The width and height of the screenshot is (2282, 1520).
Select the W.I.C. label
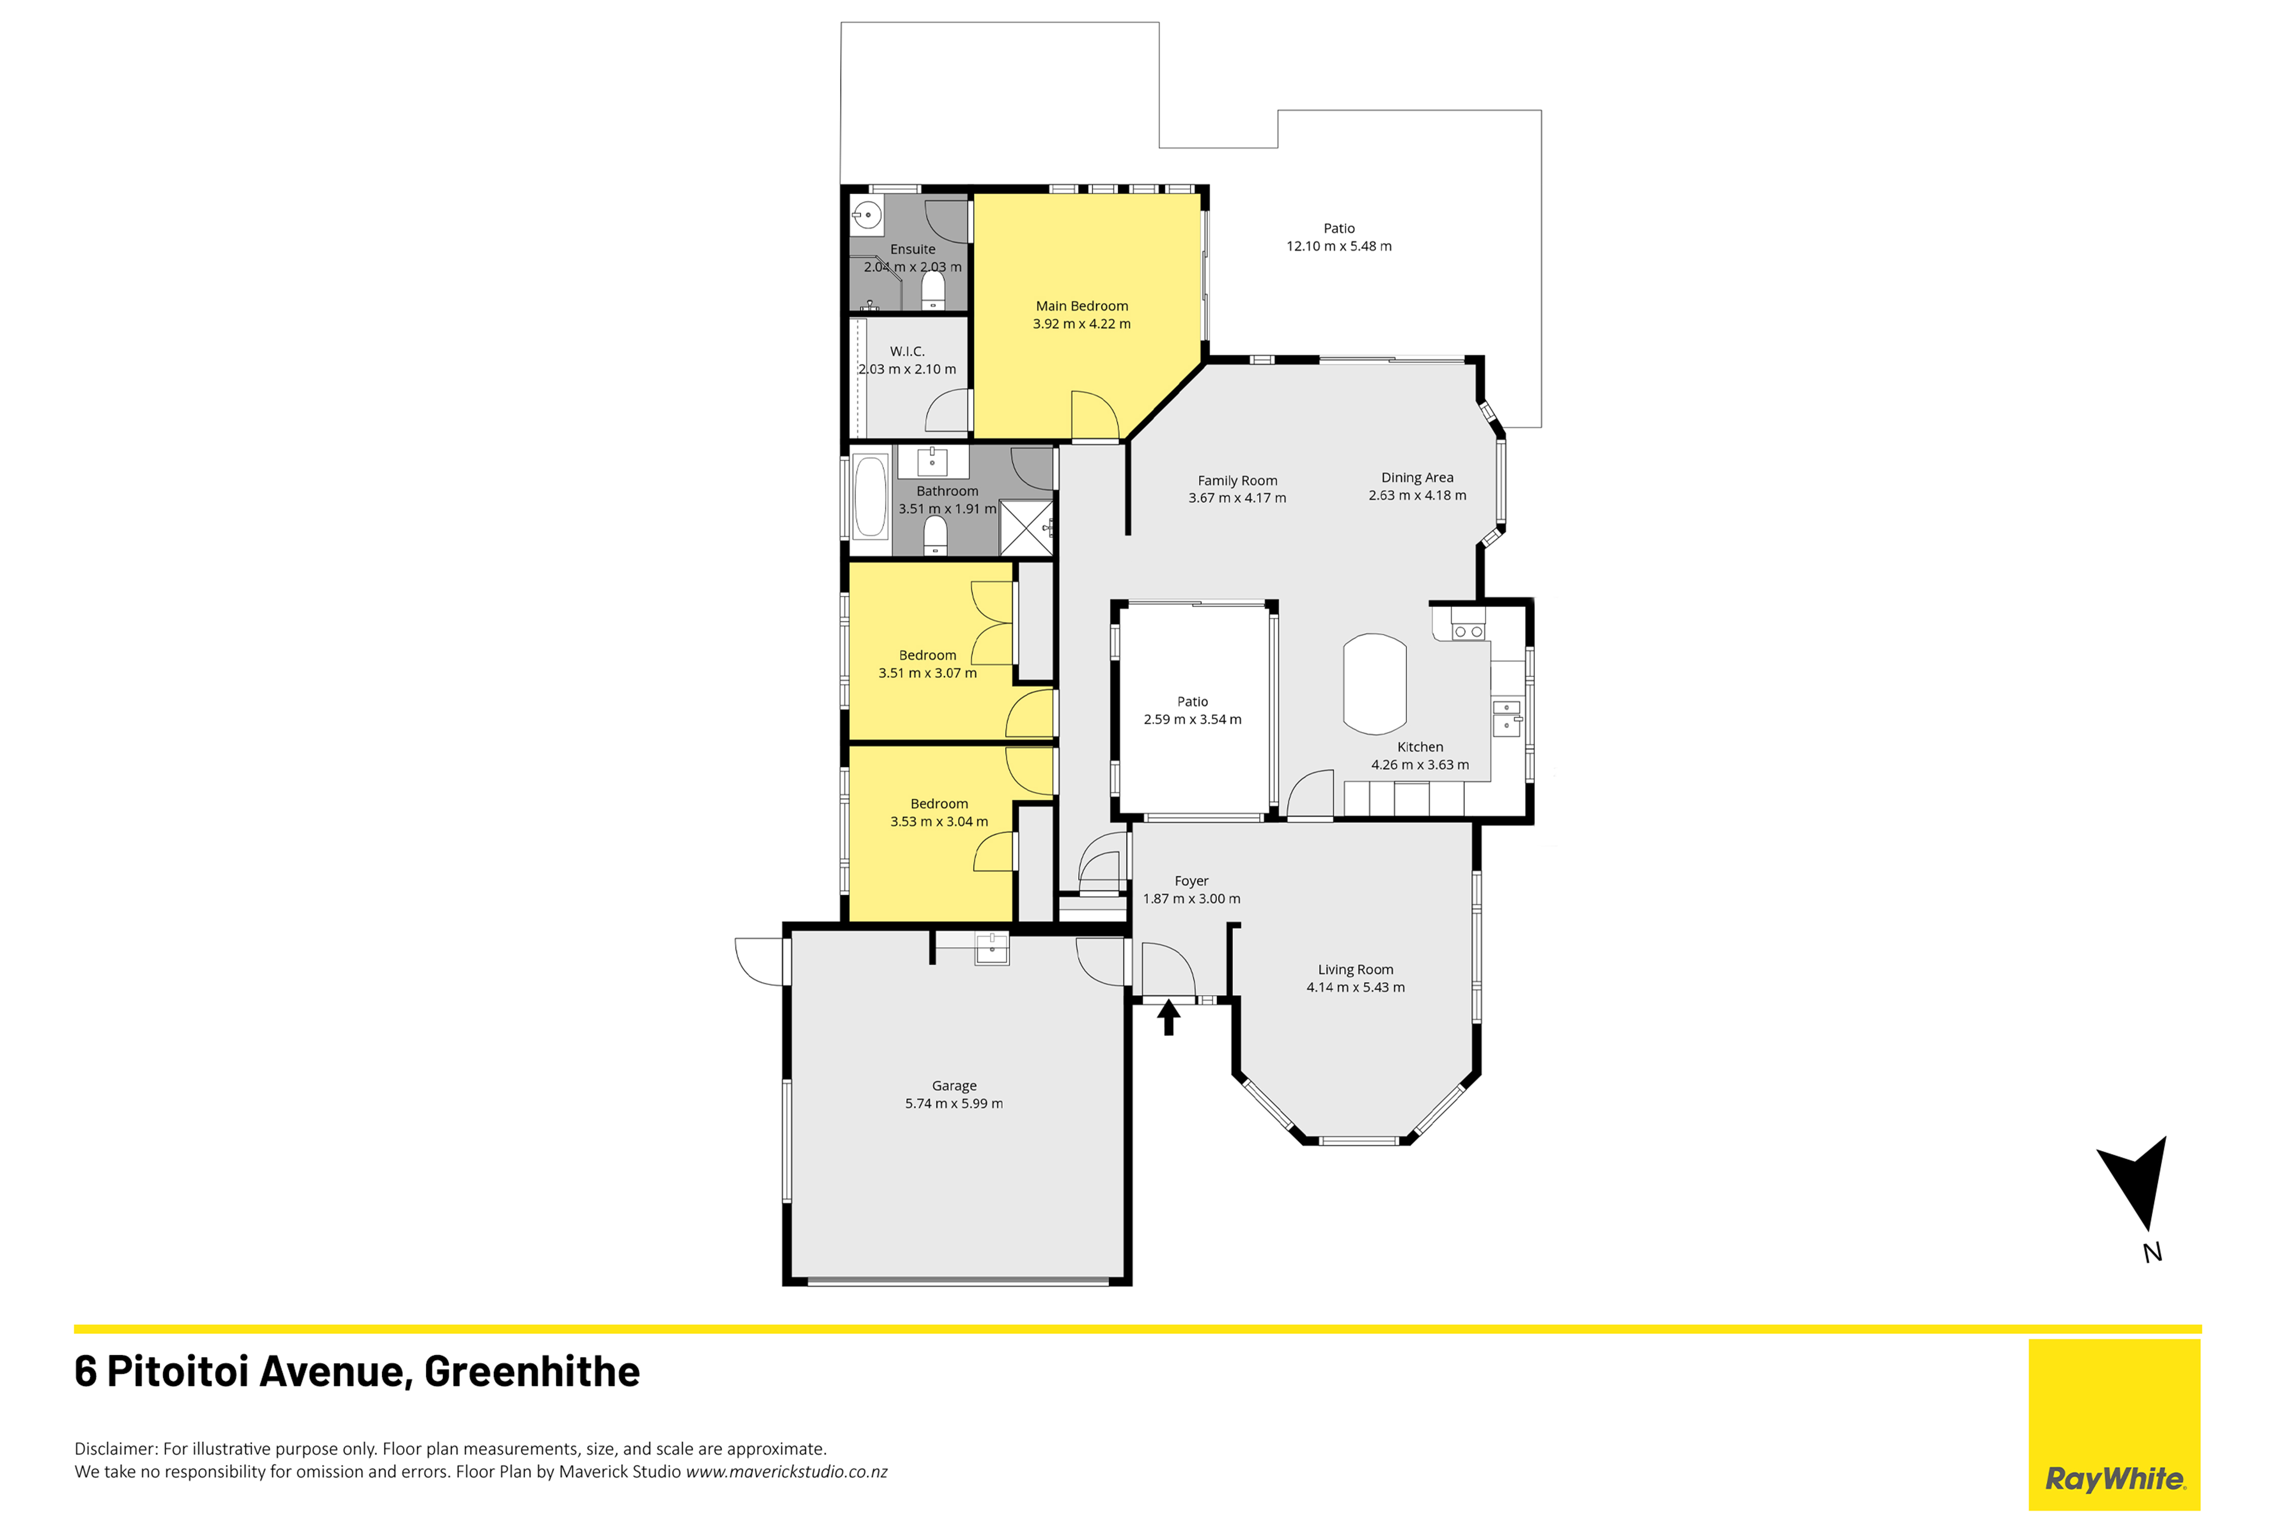(x=907, y=351)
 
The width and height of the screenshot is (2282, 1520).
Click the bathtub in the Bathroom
(x=870, y=496)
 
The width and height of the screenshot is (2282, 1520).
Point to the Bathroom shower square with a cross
(x=1025, y=527)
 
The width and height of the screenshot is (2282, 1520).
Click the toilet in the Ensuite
(x=933, y=290)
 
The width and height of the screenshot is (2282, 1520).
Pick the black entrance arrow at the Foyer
(x=1168, y=1017)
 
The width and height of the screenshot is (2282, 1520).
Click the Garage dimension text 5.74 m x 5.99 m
(x=954, y=1103)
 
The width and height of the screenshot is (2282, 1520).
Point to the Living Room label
(x=1355, y=970)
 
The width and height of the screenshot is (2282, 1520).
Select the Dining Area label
(x=1417, y=477)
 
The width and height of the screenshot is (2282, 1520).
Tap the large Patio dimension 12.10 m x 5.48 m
(x=1339, y=246)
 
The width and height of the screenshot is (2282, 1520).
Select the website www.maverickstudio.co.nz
(x=786, y=1471)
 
